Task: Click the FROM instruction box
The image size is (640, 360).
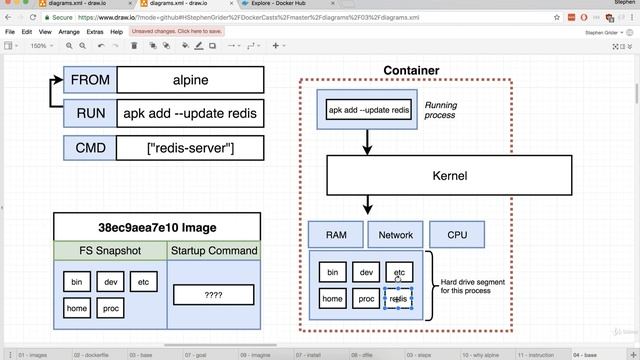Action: coord(90,80)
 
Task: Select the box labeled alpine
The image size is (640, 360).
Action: coord(190,80)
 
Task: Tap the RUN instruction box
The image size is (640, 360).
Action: coord(90,114)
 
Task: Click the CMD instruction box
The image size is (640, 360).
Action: coord(90,148)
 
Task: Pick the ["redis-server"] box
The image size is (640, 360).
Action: coord(190,148)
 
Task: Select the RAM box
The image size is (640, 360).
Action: coord(336,235)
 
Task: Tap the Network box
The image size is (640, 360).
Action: coord(396,235)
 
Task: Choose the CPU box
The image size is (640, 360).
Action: coord(457,235)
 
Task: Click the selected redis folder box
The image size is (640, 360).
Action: coord(398,298)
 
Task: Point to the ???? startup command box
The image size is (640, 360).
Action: coord(212,295)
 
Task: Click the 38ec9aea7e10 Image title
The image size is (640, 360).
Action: coord(156,227)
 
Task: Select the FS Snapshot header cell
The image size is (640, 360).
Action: coord(110,250)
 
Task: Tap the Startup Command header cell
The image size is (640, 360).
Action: coord(213,250)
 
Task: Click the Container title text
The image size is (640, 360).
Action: coord(411,70)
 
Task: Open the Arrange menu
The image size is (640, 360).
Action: coord(69,32)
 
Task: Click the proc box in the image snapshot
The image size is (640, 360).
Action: coord(111,309)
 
